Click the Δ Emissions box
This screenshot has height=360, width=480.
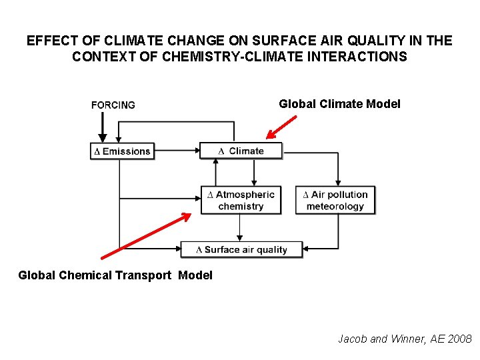coord(122,151)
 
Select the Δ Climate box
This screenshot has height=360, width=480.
coord(241,151)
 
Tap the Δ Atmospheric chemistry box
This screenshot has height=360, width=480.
coord(240,200)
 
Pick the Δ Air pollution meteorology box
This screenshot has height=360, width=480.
coord(335,200)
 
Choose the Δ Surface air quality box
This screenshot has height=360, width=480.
coord(241,249)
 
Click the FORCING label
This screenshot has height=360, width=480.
coord(113,105)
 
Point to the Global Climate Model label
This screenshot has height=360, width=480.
coord(339,103)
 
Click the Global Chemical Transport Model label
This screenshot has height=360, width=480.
coord(115,275)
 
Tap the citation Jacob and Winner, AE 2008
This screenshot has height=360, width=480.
coord(405,339)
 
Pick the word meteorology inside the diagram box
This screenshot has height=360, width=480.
coord(335,207)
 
